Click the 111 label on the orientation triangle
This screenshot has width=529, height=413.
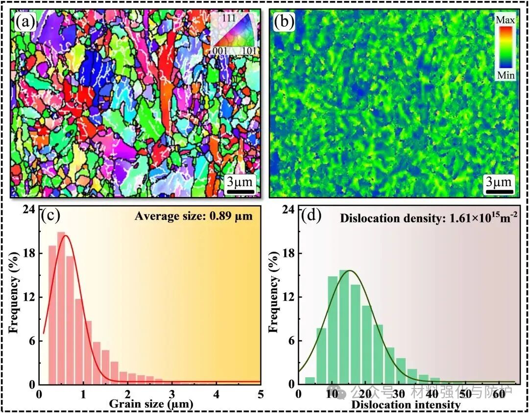(x=229, y=18)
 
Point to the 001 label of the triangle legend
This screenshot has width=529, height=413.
(x=219, y=50)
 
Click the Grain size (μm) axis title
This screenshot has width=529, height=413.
(x=151, y=404)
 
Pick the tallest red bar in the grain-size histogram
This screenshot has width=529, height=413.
(x=61, y=307)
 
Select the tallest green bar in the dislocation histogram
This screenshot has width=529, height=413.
(x=343, y=326)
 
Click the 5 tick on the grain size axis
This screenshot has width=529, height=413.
(x=261, y=394)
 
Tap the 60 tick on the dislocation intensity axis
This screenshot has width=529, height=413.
(x=500, y=394)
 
